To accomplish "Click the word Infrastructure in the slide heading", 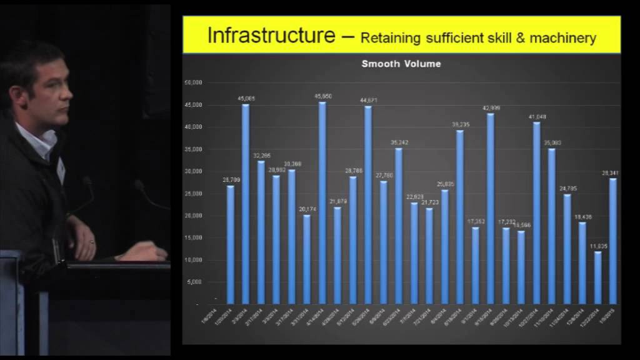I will (271, 36).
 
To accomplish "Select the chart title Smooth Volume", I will (402, 64).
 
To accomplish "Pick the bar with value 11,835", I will (598, 277).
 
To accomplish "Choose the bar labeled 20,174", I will (307, 259).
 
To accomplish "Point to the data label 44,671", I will (368, 100).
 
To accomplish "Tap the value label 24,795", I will (567, 188).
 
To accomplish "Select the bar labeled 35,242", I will (399, 226).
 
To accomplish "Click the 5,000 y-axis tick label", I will (195, 282).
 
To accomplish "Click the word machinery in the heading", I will (562, 39).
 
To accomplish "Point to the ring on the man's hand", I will (92, 241).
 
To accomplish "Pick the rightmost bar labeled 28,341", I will (613, 241).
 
